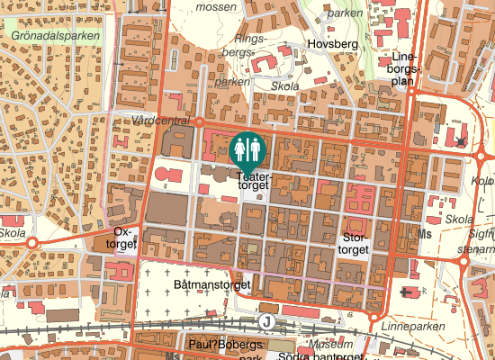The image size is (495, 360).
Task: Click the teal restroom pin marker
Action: [247, 150]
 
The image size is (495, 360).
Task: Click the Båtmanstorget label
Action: [210, 284]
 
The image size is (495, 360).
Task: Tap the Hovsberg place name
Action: [332, 44]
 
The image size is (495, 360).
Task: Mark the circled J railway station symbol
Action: [265, 320]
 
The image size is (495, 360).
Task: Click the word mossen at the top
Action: [216, 6]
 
